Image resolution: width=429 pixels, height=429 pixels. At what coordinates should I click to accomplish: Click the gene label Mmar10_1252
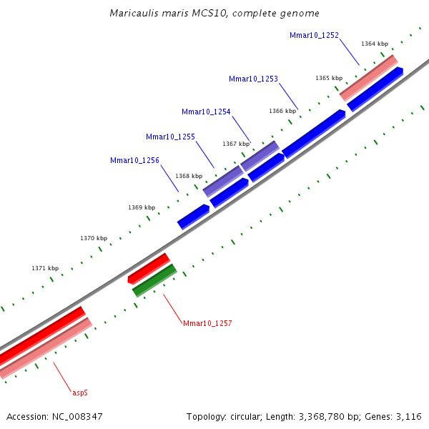(x=314, y=35)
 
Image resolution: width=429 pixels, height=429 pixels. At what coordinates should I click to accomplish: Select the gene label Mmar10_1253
(x=253, y=79)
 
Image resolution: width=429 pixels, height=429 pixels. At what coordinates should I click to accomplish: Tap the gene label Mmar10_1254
(x=206, y=112)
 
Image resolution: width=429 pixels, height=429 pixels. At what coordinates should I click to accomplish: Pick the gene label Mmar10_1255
(x=170, y=137)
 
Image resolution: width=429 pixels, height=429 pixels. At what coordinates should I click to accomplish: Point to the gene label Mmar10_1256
(x=134, y=161)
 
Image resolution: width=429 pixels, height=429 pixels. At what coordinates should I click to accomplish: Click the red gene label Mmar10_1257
(x=207, y=324)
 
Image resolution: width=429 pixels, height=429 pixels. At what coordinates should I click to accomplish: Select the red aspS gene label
(x=80, y=393)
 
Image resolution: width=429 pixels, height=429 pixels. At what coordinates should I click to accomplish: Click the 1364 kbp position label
(x=375, y=44)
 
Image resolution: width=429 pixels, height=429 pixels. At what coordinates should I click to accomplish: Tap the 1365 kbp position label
(x=329, y=78)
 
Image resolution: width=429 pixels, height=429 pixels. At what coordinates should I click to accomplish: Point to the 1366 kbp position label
(x=282, y=111)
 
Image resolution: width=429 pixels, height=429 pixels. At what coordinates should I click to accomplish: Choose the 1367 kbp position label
(x=236, y=144)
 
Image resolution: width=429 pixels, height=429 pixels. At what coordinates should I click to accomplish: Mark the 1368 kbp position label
(x=189, y=176)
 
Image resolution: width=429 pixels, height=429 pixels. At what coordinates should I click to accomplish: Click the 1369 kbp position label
(x=142, y=207)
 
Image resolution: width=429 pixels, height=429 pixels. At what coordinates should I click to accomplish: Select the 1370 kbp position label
(x=94, y=238)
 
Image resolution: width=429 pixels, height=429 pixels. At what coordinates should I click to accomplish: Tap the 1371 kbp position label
(x=45, y=268)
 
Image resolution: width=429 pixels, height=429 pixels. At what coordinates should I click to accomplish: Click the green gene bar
(x=154, y=281)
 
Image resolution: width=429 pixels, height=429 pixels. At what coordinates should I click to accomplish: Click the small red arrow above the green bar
(x=148, y=269)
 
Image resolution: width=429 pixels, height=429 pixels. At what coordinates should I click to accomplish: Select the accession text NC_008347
(x=77, y=416)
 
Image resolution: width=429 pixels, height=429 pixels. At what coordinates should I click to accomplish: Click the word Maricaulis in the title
(x=134, y=14)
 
